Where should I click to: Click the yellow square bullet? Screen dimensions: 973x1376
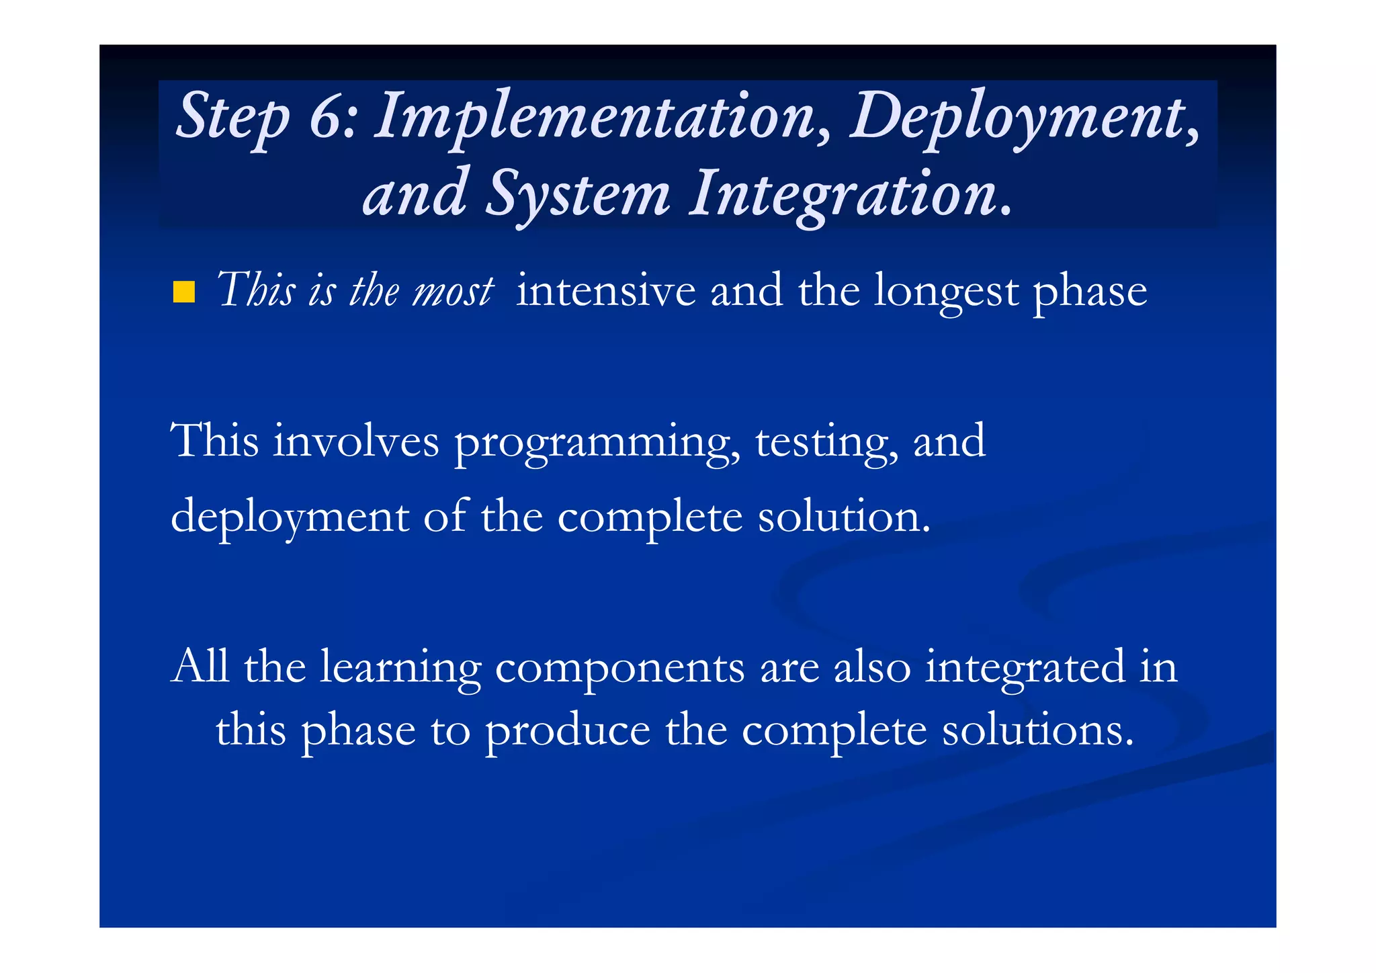coord(183,293)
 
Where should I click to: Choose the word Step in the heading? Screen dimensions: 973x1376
coord(232,116)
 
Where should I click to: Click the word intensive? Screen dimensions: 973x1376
coord(605,291)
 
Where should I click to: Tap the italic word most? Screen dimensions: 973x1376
coord(453,291)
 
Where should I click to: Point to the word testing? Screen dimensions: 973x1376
coord(826,442)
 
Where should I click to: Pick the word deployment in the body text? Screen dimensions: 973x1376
coord(290,517)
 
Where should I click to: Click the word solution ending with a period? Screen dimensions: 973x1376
coord(844,517)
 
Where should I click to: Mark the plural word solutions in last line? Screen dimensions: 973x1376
coord(1037,730)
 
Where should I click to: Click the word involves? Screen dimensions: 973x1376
coord(355,442)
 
